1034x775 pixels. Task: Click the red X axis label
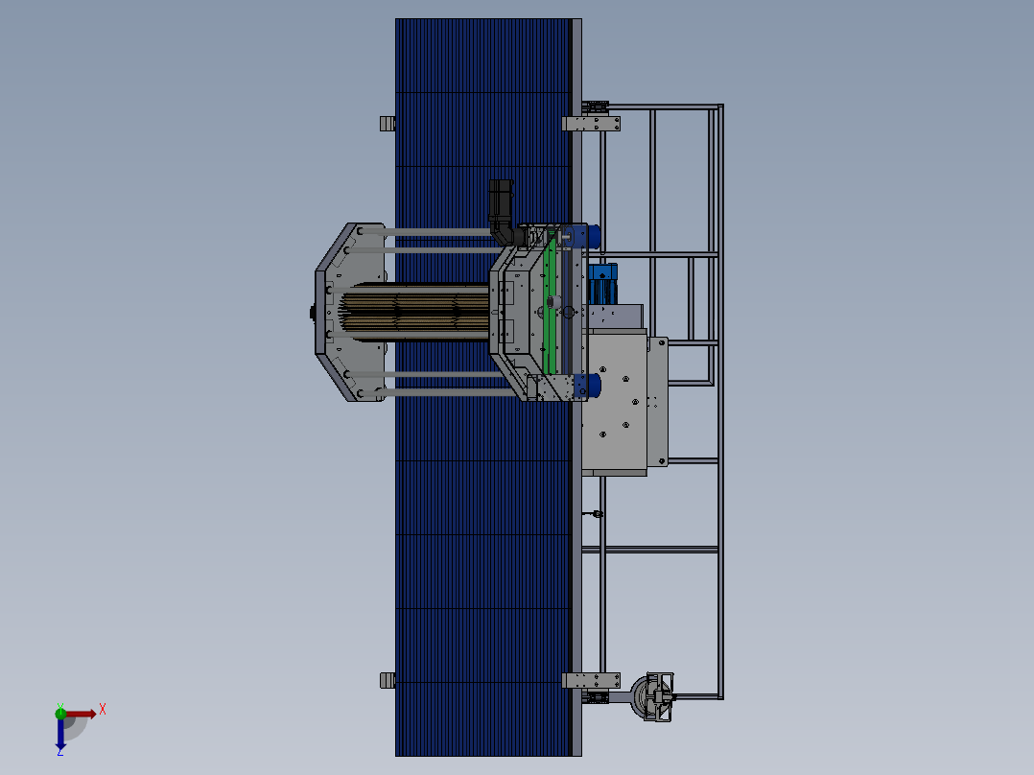click(103, 710)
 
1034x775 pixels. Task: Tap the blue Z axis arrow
click(60, 734)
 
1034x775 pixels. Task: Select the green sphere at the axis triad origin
click(60, 713)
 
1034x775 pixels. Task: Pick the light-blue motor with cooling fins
click(602, 284)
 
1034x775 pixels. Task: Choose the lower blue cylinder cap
click(586, 386)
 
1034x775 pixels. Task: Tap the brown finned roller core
click(415, 312)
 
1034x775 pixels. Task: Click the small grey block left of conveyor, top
click(388, 124)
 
